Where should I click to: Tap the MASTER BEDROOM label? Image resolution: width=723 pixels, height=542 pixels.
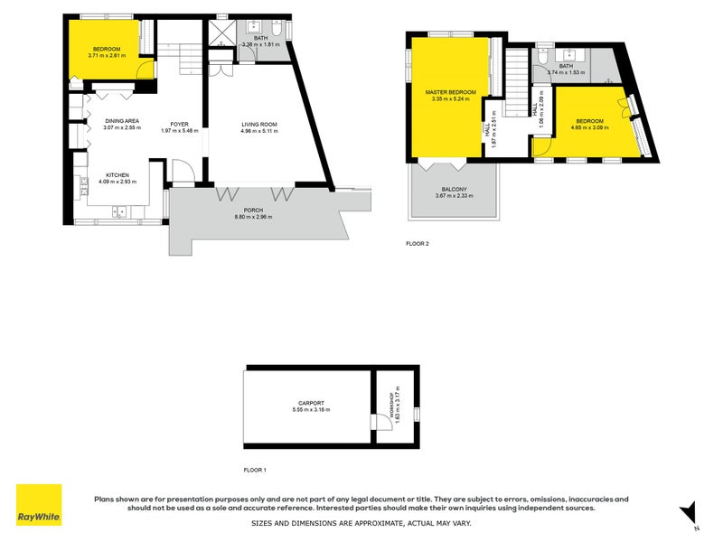[x=451, y=92]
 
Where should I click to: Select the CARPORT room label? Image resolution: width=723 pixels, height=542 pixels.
[x=311, y=403]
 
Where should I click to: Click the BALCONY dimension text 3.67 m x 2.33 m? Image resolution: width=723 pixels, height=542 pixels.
[x=454, y=196]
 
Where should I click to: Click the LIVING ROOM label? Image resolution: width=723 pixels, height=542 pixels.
[x=258, y=124]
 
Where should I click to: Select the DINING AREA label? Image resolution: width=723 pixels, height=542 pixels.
[x=121, y=121]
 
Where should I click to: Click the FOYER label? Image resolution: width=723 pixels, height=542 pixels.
[x=179, y=124]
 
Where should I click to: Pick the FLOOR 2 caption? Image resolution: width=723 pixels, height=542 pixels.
[x=418, y=243]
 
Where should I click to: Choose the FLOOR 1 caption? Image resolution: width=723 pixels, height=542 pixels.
[x=255, y=470]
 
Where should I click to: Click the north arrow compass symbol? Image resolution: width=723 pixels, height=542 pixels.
[x=689, y=510]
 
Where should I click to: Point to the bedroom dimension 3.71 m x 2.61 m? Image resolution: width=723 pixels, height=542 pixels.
[x=106, y=56]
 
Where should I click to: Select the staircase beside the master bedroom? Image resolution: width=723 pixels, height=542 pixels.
[x=516, y=82]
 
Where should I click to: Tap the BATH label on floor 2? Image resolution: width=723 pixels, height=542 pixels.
[x=567, y=65]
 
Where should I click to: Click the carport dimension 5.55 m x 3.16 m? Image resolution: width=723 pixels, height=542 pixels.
[x=311, y=410]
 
